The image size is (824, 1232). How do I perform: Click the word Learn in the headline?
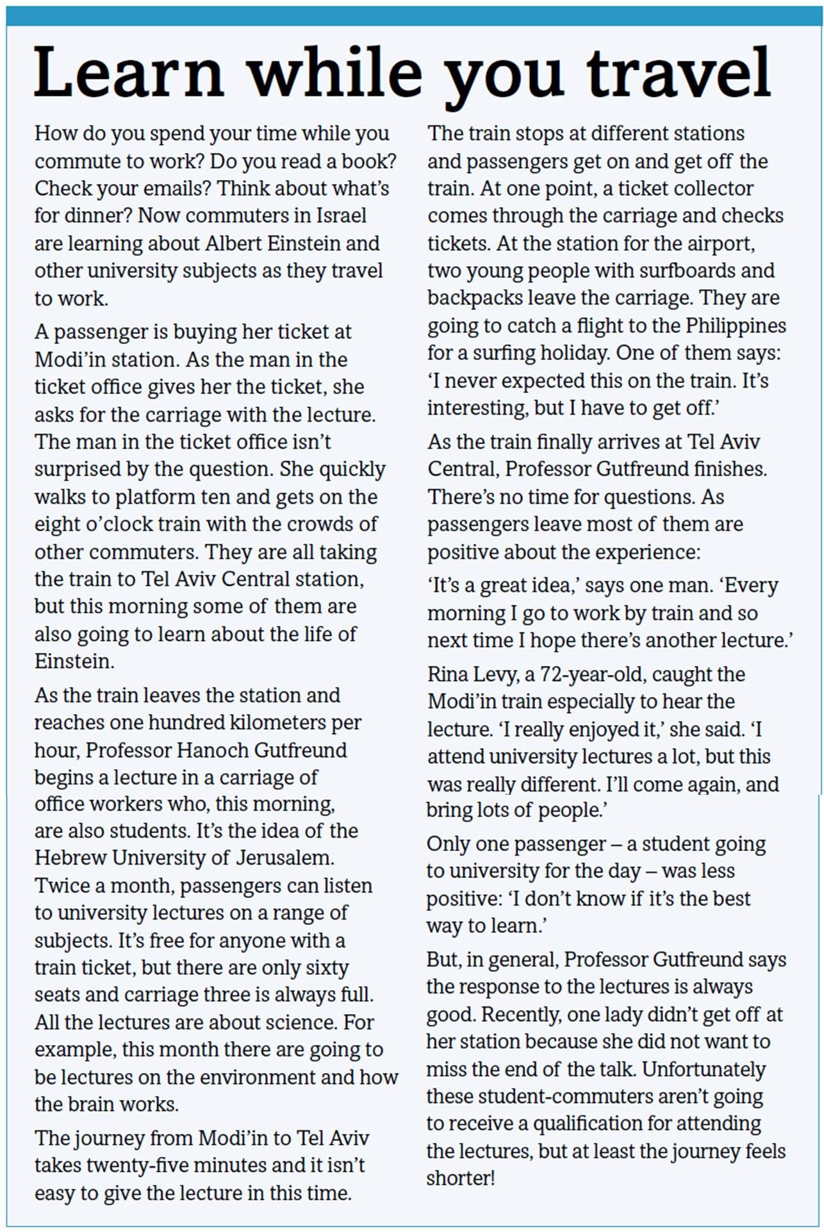coord(129,72)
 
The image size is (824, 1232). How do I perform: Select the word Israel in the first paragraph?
coord(341,215)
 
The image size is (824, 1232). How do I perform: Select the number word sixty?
coord(327,967)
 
